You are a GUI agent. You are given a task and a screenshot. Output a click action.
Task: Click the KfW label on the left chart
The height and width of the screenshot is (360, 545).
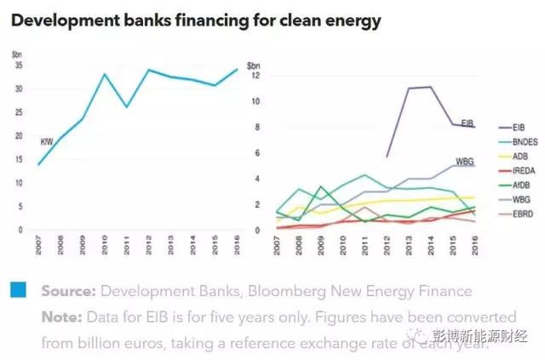point(48,141)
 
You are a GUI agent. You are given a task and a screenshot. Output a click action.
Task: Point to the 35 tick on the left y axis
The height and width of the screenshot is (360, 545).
point(19,66)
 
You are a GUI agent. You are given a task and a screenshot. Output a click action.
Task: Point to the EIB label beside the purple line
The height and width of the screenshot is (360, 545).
point(468,124)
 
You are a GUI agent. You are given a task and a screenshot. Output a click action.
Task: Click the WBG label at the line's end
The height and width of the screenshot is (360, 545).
point(465,161)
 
